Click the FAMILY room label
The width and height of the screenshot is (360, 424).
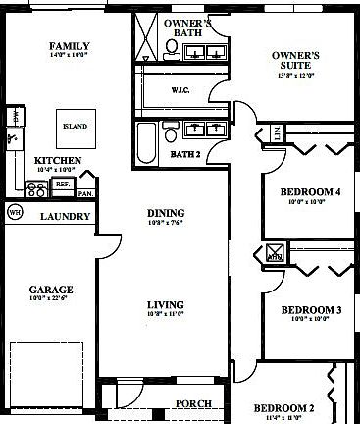click(70, 46)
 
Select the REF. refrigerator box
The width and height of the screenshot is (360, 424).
click(62, 184)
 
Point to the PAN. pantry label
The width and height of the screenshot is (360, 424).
click(86, 193)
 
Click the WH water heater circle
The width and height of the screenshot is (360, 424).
click(15, 212)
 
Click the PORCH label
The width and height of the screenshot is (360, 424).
click(192, 403)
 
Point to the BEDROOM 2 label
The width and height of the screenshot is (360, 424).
click(284, 407)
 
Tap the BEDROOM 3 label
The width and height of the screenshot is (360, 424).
click(311, 311)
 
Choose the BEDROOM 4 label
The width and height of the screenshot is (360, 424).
click(310, 191)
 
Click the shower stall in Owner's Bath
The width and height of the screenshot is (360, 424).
click(148, 37)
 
